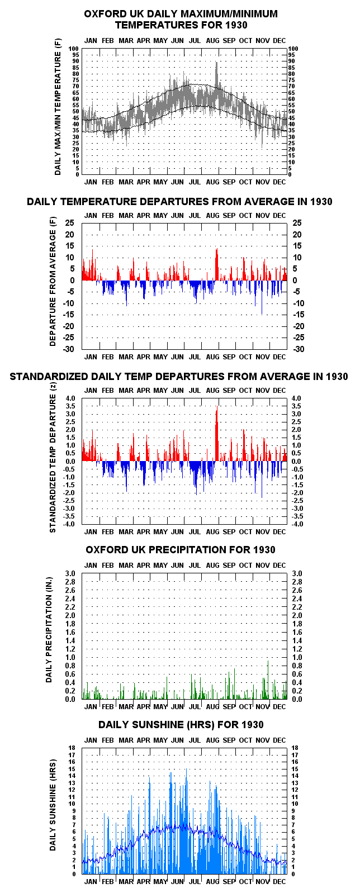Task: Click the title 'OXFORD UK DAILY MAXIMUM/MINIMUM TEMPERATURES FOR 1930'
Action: click(x=181, y=20)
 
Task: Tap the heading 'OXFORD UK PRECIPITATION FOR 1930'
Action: click(x=181, y=550)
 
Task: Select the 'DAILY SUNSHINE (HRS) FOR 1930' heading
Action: click(x=181, y=725)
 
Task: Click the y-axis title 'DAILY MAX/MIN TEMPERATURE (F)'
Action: click(x=58, y=107)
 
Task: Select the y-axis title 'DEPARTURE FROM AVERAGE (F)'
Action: click(x=53, y=282)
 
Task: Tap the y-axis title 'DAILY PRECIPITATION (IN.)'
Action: click(x=49, y=629)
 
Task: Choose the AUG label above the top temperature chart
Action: click(x=212, y=41)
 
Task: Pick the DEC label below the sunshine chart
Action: click(x=280, y=881)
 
